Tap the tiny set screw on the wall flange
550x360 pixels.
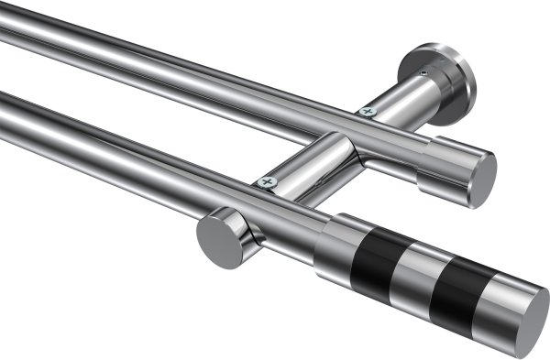pos(423,71)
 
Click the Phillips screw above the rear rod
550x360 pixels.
pos(368,112)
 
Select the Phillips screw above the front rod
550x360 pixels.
pos(269,182)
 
